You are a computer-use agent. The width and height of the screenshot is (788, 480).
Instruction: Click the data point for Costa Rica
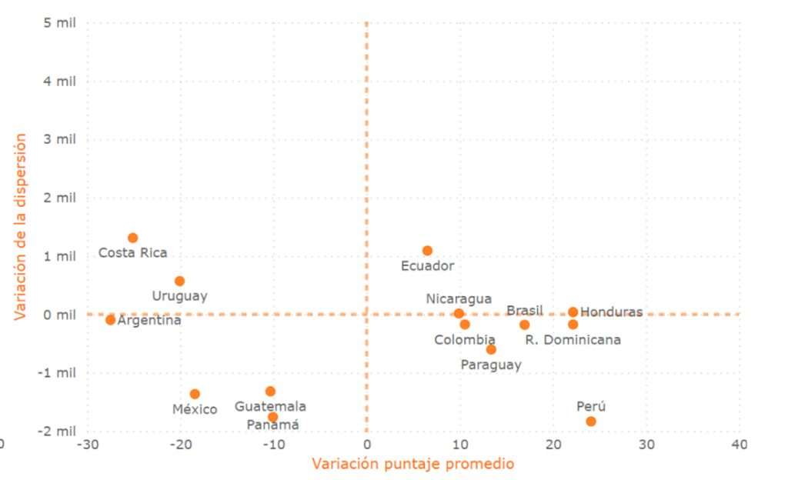coord(133,238)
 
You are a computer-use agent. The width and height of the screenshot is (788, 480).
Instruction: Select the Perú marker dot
coord(591,421)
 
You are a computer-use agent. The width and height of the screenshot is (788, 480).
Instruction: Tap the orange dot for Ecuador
coord(428,251)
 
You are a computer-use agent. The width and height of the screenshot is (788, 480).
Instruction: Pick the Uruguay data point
coord(180,281)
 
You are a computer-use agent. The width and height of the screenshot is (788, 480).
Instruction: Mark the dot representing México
coord(195,394)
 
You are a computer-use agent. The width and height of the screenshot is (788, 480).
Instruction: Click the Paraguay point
coord(491,349)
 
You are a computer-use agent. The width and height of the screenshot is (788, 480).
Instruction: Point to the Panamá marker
coord(273,417)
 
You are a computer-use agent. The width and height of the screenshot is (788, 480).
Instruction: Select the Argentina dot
coord(111,320)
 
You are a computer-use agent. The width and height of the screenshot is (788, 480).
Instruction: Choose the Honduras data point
coord(573,312)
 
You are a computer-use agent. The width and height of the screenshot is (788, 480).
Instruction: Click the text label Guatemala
coord(270,406)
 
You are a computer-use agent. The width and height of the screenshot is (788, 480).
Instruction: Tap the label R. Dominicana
coord(578,339)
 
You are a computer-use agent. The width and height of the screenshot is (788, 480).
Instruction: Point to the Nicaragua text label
coord(459,298)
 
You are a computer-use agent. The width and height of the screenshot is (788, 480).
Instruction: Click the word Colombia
coord(465,339)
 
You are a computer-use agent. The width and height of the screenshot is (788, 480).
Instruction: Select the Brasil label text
coord(524,311)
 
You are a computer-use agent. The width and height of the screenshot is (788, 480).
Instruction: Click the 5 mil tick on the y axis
coord(59,22)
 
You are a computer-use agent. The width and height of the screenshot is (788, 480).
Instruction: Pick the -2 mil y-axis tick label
coord(57,431)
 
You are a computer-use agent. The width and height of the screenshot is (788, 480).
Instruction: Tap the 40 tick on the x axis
coord(740,445)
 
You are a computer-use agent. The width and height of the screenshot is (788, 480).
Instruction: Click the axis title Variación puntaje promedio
coord(412,463)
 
